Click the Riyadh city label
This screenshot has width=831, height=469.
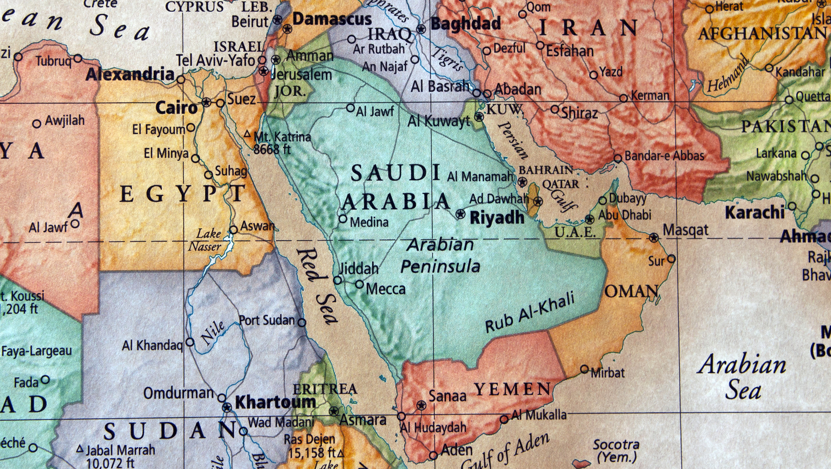[496, 217]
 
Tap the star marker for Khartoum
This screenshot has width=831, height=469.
[227, 407]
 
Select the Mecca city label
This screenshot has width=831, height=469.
[385, 289]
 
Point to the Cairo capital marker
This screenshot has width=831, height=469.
[206, 103]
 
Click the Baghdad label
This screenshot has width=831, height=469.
[466, 24]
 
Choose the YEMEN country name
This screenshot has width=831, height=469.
[513, 389]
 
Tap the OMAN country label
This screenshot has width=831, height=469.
[632, 292]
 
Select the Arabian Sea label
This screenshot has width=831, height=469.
[743, 377]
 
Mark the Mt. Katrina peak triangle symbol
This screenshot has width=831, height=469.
[247, 134]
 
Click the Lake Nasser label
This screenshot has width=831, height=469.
[206, 240]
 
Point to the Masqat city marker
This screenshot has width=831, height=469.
[654, 237]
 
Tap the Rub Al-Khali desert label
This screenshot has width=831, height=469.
[529, 313]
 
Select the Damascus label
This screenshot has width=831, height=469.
[332, 19]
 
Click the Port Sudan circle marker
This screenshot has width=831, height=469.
[302, 322]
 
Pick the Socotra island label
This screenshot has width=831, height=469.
[616, 450]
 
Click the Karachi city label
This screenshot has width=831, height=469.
[755, 213]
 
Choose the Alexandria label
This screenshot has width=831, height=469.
[130, 74]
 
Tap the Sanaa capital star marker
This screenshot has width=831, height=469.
[421, 405]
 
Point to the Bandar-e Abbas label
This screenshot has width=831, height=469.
[664, 156]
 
